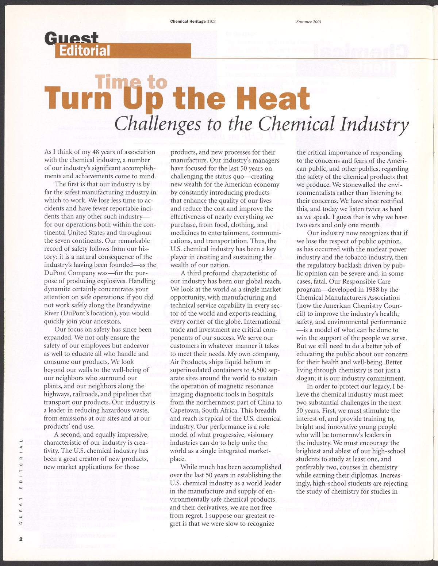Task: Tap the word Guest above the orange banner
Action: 72,38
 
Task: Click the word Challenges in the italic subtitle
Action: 157,125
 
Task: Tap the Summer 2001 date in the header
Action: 309,22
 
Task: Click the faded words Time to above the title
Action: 131,83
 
